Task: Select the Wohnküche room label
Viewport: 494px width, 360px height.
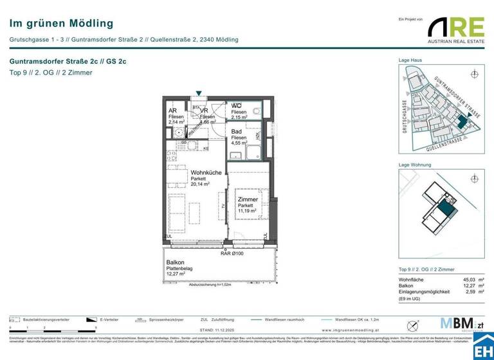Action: (206, 173)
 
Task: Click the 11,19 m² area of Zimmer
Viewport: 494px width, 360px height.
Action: (248, 211)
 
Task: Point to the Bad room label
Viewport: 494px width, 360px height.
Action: (237, 131)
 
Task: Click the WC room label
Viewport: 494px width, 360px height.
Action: (236, 105)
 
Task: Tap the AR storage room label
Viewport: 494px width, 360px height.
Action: (172, 110)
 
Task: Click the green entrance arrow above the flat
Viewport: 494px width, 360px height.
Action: (199, 94)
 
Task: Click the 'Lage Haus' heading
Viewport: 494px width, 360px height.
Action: (410, 60)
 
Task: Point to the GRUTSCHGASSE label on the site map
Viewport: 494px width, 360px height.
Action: (405, 116)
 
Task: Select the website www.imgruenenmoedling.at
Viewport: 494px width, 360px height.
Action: (349, 330)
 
